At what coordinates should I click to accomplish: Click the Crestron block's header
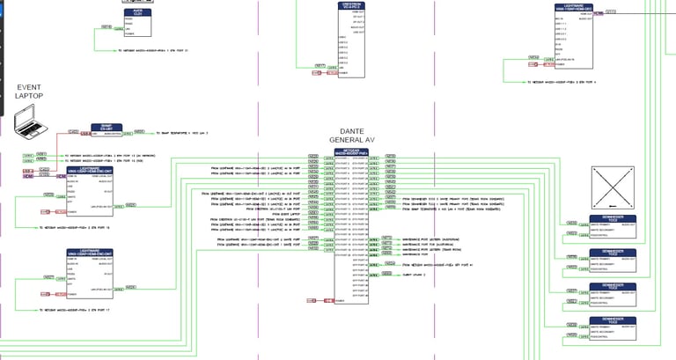(350, 6)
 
